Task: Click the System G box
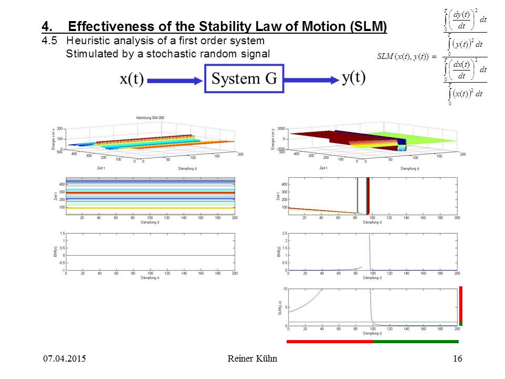[x=244, y=78]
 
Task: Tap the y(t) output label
[x=353, y=77]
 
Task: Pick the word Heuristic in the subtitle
[x=93, y=41]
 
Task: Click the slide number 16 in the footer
[x=457, y=359]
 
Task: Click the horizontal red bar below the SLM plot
[x=330, y=342]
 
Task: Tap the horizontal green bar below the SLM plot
[x=416, y=342]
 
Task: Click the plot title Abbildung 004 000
[x=150, y=117]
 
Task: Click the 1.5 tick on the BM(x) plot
[x=62, y=232]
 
